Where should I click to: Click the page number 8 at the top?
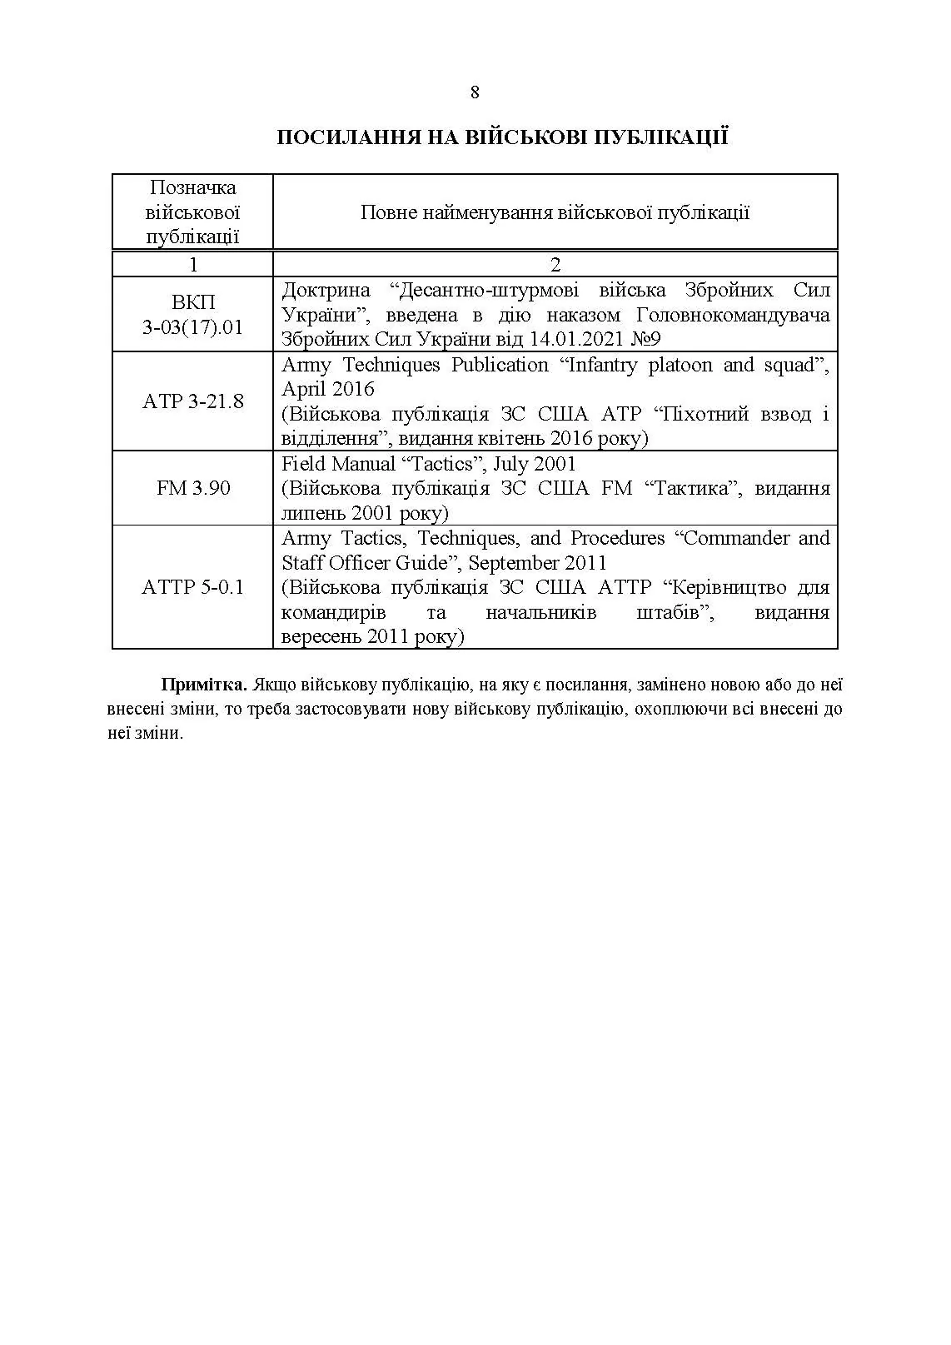(x=475, y=92)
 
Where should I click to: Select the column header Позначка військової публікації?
(x=192, y=212)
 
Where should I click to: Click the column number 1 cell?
(x=193, y=265)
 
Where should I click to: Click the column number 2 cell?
(x=555, y=265)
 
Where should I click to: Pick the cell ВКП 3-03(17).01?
(x=192, y=315)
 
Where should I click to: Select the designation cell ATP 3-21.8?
(x=192, y=401)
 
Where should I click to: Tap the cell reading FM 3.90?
(x=192, y=488)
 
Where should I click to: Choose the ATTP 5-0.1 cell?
(x=192, y=587)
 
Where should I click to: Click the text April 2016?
(x=328, y=389)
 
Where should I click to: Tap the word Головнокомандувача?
(x=733, y=316)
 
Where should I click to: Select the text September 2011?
(x=537, y=563)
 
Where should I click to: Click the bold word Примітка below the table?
(x=204, y=685)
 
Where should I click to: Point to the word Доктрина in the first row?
(x=326, y=291)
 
